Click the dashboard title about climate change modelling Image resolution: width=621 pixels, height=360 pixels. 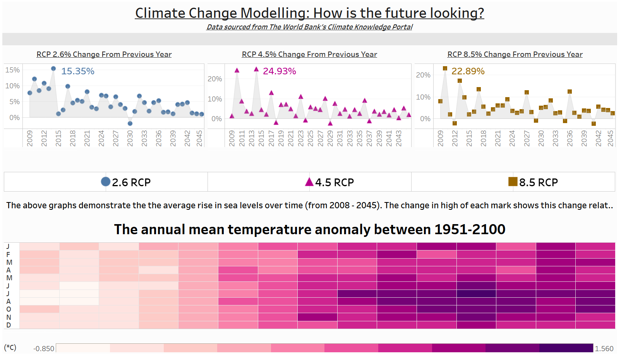pyautogui.click(x=309, y=13)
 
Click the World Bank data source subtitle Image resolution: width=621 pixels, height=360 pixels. pyautogui.click(x=309, y=27)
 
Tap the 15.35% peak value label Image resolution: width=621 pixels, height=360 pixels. pyautogui.click(x=78, y=71)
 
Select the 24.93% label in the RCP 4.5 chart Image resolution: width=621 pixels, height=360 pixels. pyautogui.click(x=279, y=71)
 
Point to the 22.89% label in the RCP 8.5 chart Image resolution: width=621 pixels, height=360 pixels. pyautogui.click(x=468, y=71)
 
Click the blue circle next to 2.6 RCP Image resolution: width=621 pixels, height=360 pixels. pyautogui.click(x=106, y=182)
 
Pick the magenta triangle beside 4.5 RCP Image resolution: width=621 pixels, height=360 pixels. pyautogui.click(x=309, y=182)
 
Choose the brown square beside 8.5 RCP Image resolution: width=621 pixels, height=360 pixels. pyautogui.click(x=513, y=182)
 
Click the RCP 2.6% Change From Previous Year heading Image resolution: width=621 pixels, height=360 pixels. pyautogui.click(x=104, y=55)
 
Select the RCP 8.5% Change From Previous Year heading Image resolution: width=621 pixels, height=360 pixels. pyautogui.click(x=515, y=55)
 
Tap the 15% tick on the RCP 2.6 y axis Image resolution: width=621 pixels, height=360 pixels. pyautogui.click(x=12, y=70)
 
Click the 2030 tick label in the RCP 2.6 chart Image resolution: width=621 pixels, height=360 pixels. pyautogui.click(x=130, y=138)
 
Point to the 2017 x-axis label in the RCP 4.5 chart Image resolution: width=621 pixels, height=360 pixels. pyautogui.click(x=271, y=138)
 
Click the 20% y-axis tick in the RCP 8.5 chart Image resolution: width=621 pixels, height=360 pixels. pyautogui.click(x=423, y=75)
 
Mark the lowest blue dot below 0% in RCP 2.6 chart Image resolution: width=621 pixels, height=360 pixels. pyautogui.click(x=130, y=123)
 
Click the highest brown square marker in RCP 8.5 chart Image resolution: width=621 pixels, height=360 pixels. pyautogui.click(x=445, y=69)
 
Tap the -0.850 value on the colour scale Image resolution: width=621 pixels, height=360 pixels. pyautogui.click(x=44, y=349)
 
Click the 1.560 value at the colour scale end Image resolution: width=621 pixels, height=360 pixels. pyautogui.click(x=604, y=349)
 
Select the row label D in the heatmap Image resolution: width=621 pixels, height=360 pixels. pyautogui.click(x=9, y=325)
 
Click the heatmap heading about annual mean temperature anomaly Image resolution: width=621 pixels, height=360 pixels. pyautogui.click(x=309, y=230)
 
